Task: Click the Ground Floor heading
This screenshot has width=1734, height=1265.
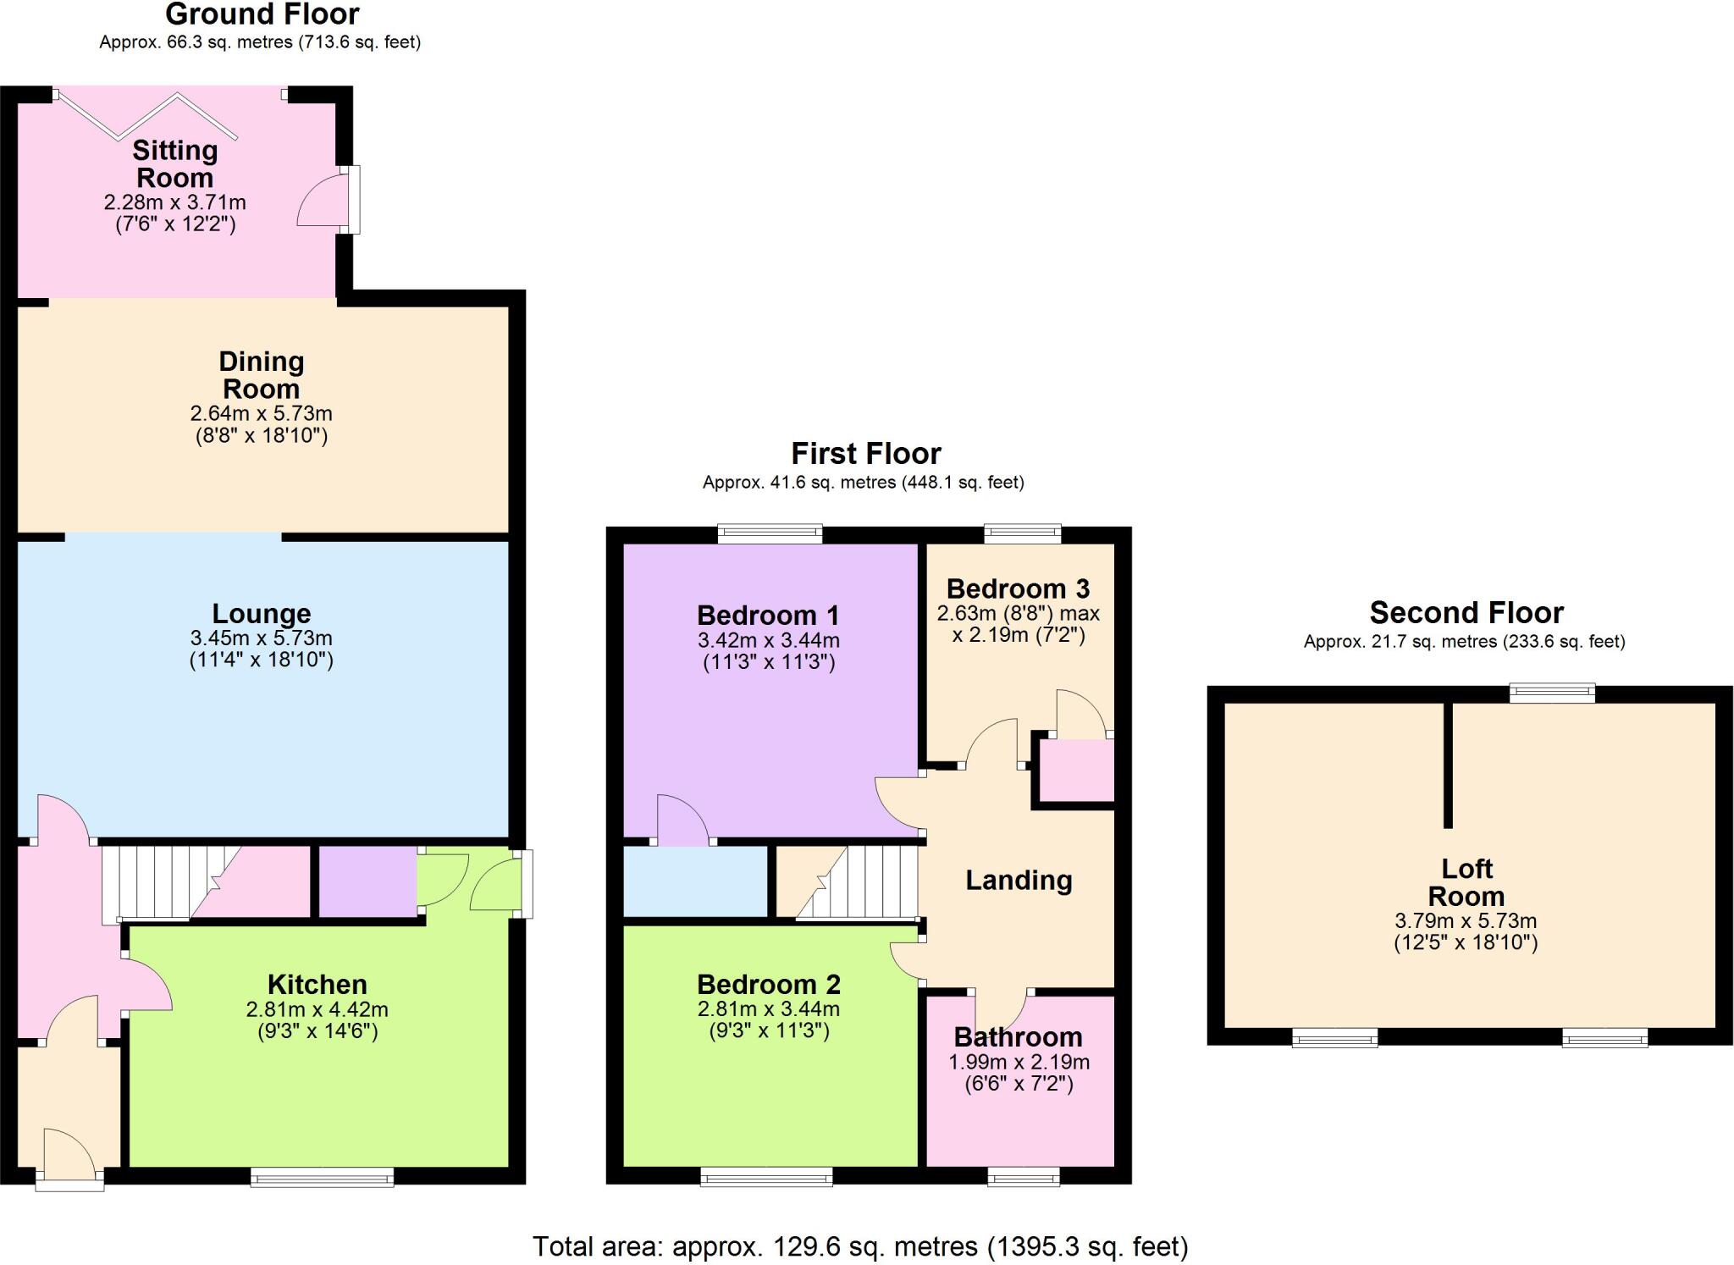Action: tap(262, 14)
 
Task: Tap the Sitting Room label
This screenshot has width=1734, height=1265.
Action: tap(175, 164)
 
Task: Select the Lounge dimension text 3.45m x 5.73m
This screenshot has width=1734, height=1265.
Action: tap(261, 638)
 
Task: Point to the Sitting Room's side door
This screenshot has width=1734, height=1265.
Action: tap(325, 200)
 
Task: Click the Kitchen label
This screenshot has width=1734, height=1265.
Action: tap(318, 984)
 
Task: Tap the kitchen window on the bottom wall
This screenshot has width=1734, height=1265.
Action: tap(323, 1177)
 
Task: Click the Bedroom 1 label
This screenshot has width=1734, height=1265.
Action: tap(768, 615)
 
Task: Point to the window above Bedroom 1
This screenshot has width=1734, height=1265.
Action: tap(770, 533)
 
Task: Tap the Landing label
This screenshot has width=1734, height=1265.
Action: tap(1019, 881)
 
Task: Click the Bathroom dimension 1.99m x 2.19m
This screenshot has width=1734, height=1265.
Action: tap(1019, 1062)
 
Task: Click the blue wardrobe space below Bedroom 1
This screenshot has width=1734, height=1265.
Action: tap(695, 881)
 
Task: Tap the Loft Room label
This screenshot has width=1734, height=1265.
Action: tap(1466, 882)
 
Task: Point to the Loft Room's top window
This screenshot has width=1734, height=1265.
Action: tap(1553, 693)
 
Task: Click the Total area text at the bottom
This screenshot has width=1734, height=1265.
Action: tap(860, 1246)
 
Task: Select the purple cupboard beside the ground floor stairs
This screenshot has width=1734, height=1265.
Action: tap(367, 881)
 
